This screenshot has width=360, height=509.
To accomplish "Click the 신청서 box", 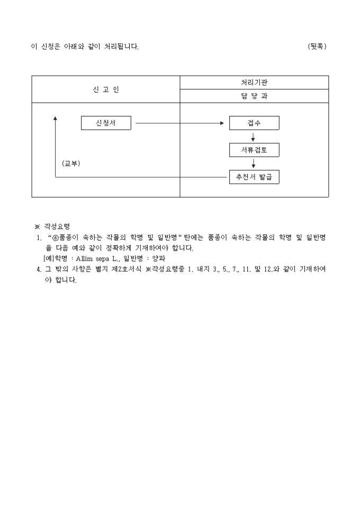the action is (106, 123).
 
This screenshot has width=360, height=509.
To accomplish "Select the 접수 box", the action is (254, 123).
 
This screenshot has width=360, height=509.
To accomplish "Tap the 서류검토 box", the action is (254, 150).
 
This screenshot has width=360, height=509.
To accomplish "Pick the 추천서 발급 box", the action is (254, 177).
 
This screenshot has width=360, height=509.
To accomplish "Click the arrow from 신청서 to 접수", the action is (179, 123).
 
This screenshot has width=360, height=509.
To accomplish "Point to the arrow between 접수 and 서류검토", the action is (254, 137).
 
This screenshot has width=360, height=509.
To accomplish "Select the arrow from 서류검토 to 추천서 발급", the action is (254, 163).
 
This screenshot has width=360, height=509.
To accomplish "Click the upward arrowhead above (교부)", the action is (56, 119).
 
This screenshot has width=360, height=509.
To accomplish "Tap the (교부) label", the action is (71, 163).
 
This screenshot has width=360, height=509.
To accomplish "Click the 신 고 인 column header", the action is (106, 89).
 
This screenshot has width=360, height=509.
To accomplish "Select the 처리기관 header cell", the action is (254, 83).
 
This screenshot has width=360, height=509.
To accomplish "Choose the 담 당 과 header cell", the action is (254, 96).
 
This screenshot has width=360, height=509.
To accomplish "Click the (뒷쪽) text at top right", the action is (317, 47).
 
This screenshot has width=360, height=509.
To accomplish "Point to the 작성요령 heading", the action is (57, 226).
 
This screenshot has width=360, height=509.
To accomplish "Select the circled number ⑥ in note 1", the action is (56, 238).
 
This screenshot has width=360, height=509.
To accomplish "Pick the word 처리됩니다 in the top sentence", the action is (121, 47).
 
